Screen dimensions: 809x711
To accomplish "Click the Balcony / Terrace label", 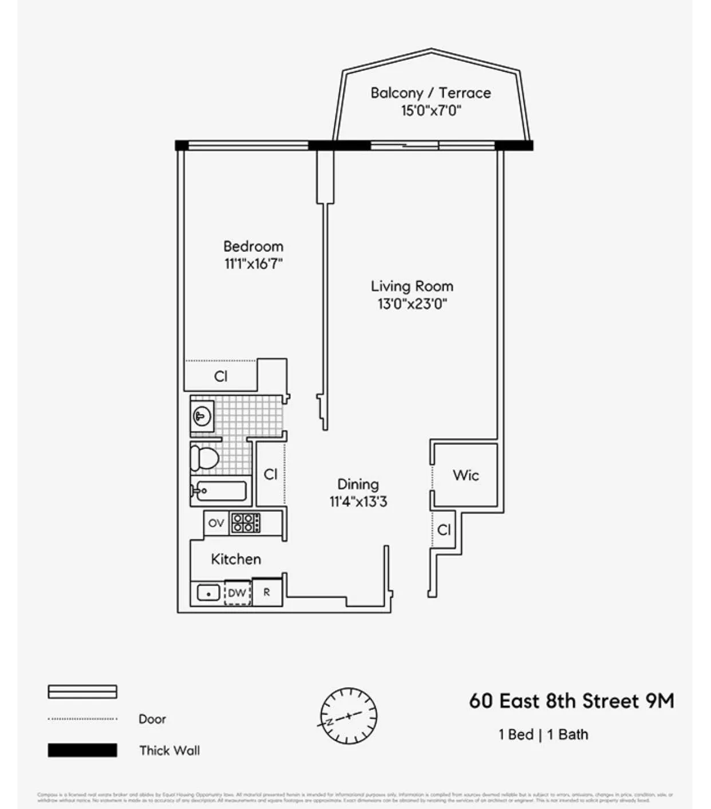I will tap(430, 93).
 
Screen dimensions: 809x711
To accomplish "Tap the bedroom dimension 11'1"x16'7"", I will tap(254, 264).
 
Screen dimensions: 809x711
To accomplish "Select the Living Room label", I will tap(412, 286).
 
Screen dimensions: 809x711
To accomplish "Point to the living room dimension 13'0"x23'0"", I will tap(412, 304).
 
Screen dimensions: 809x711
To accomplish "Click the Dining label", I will tap(358, 484).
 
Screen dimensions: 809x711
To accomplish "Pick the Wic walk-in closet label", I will tap(465, 475).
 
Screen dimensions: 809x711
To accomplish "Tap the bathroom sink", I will tap(202, 416).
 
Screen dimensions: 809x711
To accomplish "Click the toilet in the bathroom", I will tap(204, 458).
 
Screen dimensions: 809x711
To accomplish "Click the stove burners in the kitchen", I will tap(245, 523).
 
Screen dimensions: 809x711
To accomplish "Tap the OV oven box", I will tap(216, 523).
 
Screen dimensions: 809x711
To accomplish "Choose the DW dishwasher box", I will tap(237, 593).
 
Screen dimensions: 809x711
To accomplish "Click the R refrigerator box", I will tap(267, 593).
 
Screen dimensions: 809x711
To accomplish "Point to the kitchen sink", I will tap(208, 593).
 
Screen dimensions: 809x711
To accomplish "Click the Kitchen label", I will tap(236, 559).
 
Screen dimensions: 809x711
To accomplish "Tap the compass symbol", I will tap(348, 716).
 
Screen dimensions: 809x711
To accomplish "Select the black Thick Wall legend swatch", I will tap(82, 750).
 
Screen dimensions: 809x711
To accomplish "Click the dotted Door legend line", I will tap(82, 719).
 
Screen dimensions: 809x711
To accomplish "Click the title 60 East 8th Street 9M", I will tap(571, 701).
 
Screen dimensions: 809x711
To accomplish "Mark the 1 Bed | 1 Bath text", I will tap(543, 735).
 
